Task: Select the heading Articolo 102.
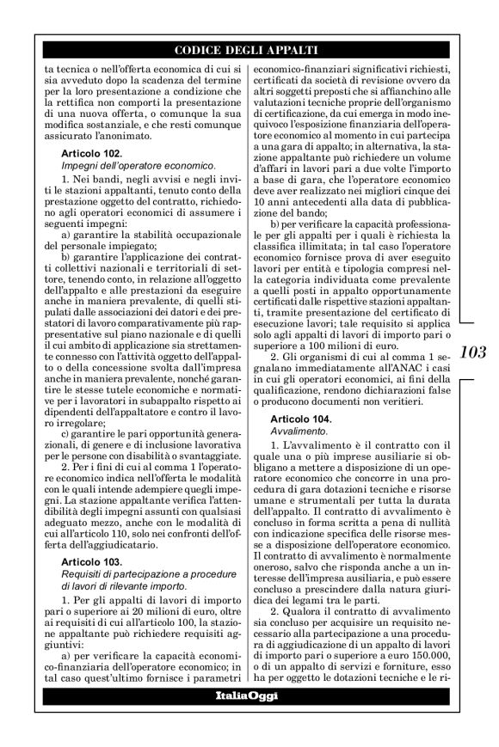[x=92, y=152]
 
